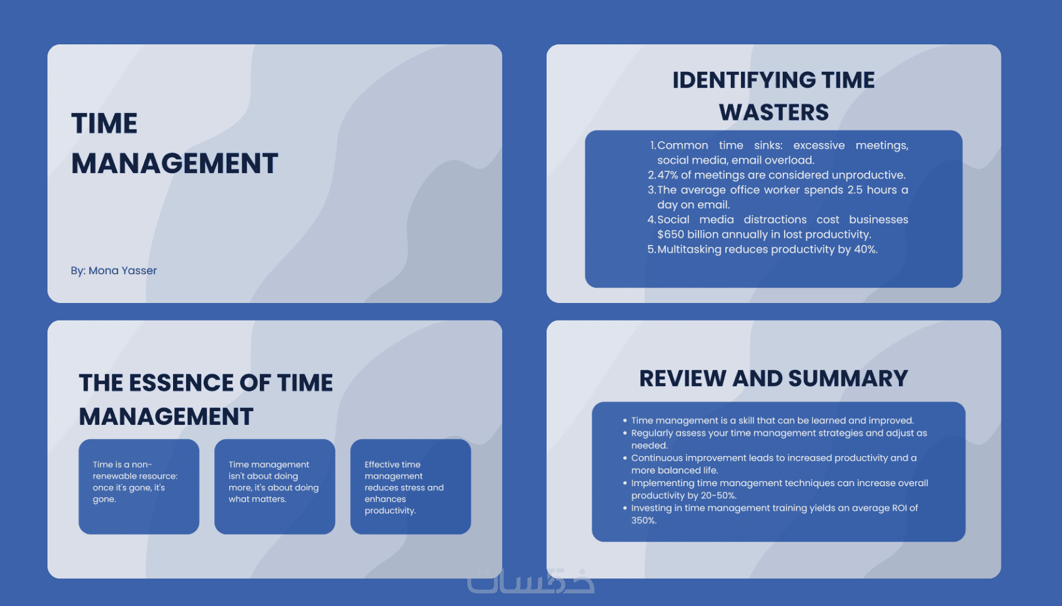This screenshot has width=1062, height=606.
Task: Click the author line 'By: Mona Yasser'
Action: pos(114,271)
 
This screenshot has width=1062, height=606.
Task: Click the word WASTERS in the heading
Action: pos(774,112)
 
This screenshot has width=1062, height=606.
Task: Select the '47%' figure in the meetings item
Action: pos(668,175)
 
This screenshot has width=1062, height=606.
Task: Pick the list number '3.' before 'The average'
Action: pos(652,190)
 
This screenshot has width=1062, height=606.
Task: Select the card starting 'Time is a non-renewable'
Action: pos(139,487)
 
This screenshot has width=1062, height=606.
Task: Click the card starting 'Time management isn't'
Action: pos(274,487)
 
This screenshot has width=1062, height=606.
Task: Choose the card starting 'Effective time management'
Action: pos(410,487)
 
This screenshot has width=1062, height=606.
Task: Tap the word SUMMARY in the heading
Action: pos(848,379)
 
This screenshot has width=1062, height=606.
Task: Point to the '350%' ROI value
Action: pos(643,520)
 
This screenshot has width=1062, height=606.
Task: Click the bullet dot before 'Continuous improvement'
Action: pos(625,458)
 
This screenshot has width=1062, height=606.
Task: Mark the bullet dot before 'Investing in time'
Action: pos(625,508)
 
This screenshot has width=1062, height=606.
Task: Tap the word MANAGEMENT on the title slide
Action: pos(174,163)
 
